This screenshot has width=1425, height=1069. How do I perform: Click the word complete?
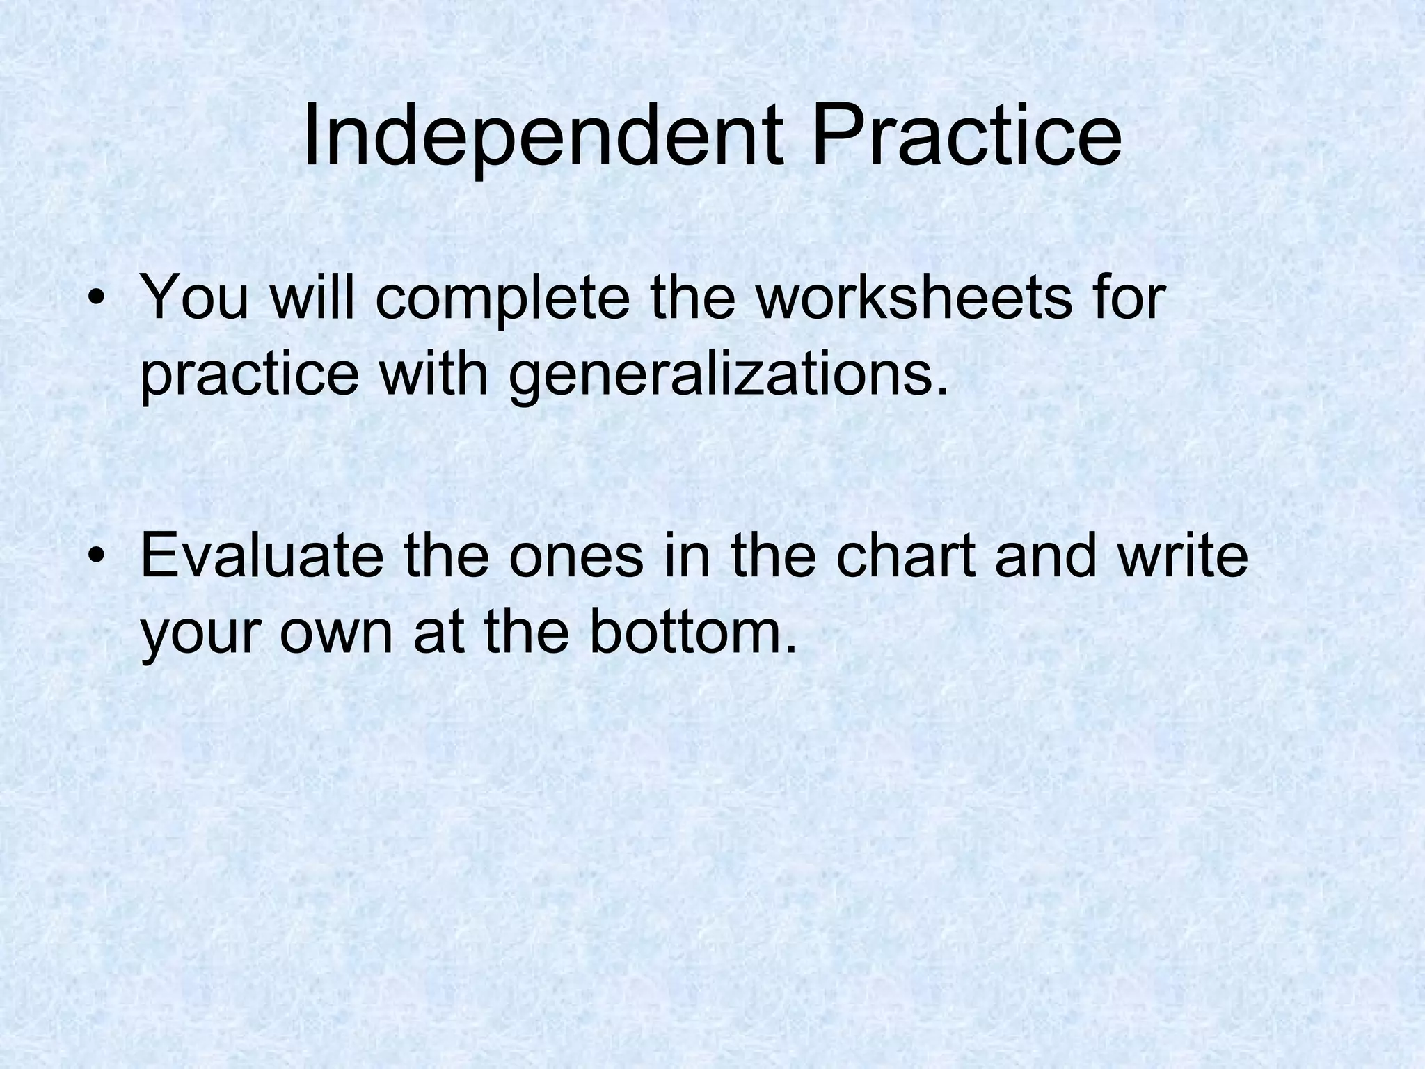502,298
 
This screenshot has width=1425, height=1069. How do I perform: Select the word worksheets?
913,298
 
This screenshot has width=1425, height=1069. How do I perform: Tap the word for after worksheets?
1126,298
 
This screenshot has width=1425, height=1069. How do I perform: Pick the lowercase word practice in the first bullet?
250,376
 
